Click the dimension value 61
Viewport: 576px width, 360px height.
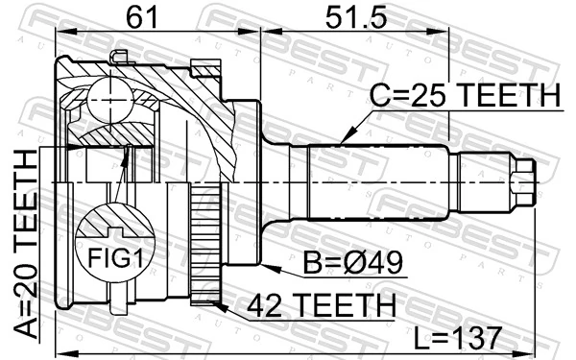point(141,16)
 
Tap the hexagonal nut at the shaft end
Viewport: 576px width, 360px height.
point(522,182)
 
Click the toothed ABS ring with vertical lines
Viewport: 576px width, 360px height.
point(204,245)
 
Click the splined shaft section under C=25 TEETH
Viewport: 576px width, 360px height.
point(374,182)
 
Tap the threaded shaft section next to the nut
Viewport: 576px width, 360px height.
point(480,182)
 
